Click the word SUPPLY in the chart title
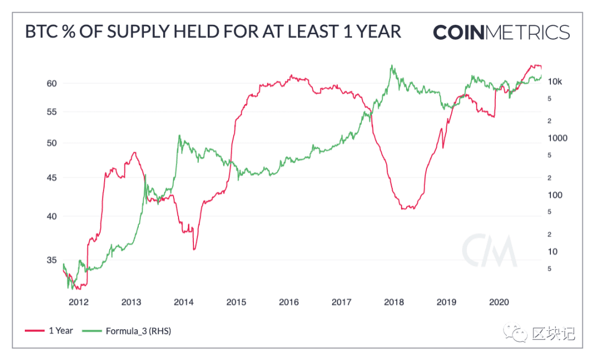click(x=138, y=32)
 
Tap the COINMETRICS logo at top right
click(x=501, y=33)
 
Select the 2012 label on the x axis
click(x=79, y=302)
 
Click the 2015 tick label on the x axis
click(x=236, y=302)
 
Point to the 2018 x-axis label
click(x=394, y=302)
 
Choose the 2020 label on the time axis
click(x=499, y=302)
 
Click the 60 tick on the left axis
click(x=52, y=84)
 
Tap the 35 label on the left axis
click(x=52, y=260)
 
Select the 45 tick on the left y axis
click(x=52, y=178)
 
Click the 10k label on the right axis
click(x=555, y=82)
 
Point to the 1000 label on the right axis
click(x=558, y=138)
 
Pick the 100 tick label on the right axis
click(x=555, y=195)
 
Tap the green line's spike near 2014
click(x=179, y=135)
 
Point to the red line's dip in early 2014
click(x=194, y=249)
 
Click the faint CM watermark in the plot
click(x=490, y=251)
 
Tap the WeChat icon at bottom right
click(x=515, y=333)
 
